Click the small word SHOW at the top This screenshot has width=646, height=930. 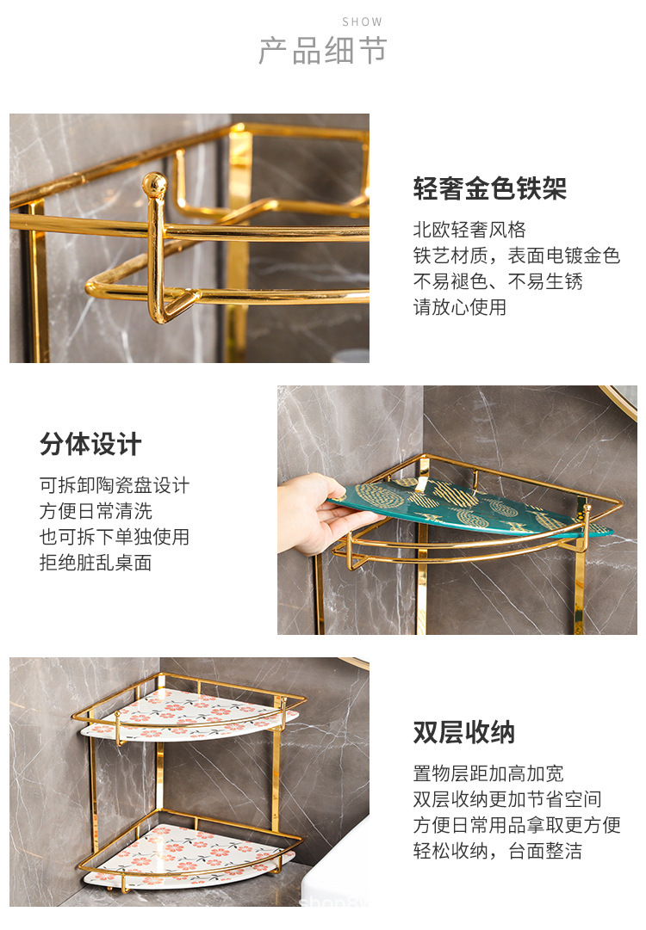362,22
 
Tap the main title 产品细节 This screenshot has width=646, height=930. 323,52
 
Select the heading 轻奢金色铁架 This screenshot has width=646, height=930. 489,188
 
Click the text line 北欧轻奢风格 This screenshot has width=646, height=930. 469,230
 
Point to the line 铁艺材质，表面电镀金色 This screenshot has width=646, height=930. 516,256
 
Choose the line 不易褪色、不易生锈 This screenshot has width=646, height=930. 498,281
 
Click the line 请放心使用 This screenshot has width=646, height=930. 459,307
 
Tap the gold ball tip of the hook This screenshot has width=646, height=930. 154,183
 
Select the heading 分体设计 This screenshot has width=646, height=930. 90,445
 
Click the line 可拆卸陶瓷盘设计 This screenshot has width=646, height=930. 115,485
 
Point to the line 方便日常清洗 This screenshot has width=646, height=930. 96,511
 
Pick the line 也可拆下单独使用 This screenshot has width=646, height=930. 115,537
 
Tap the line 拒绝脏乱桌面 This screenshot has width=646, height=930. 96,563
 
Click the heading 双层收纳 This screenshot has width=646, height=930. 463,732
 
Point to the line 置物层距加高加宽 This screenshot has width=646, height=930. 488,773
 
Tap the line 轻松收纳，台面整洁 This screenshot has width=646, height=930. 497,851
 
